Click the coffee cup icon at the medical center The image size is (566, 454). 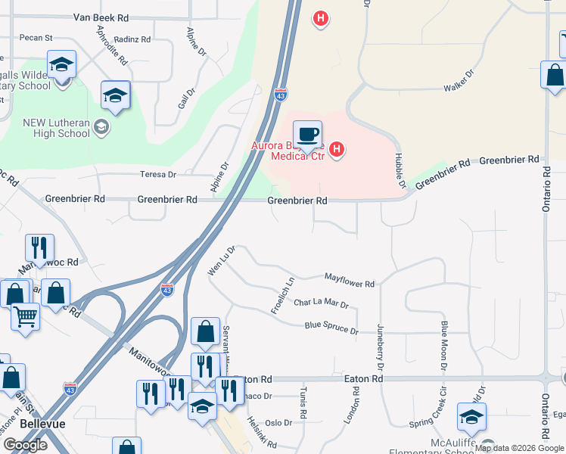pos(307,135)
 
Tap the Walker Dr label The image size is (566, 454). pos(459,82)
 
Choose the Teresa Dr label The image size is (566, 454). pos(158,174)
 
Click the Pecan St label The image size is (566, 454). pos(37,37)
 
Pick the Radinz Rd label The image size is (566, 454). pos(134,39)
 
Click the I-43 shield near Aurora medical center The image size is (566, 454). pos(281,95)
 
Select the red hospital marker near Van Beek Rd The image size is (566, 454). pos(321,17)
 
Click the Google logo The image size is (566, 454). pos(25,444)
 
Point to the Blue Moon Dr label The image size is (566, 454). pos(445,339)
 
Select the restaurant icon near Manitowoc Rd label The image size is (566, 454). pos(39,247)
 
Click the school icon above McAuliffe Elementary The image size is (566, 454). pos(471,417)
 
